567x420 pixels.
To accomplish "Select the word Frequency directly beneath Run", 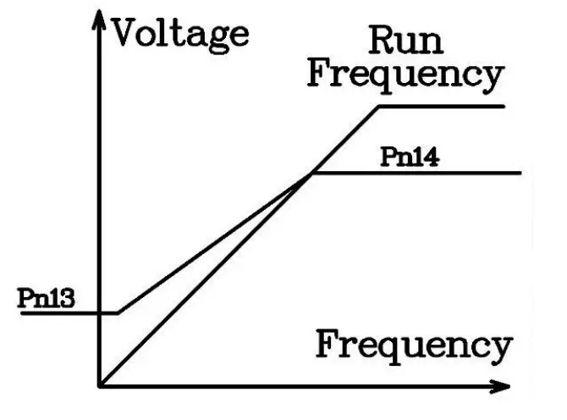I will click(405, 75).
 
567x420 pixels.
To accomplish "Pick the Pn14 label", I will click(409, 157).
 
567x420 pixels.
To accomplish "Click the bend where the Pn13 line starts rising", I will click(118, 313).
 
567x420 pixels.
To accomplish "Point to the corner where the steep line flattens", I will click(379, 107).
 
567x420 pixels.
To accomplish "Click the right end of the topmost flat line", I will click(504, 107).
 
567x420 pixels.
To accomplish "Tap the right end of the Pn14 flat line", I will click(520, 174).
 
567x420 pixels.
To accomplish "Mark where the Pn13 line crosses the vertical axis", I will click(102, 313).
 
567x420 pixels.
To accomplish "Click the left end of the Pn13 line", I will click(22, 313).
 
